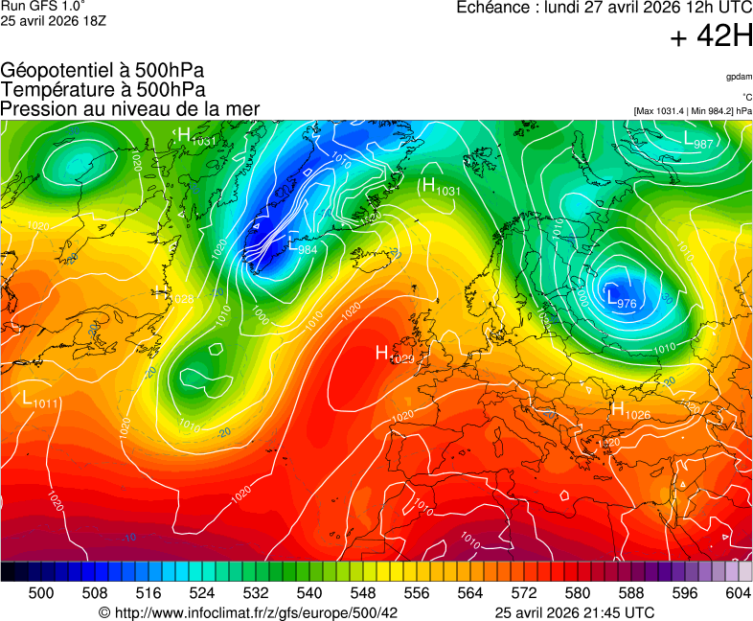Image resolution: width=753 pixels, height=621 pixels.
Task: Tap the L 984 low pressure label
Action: pyautogui.click(x=303, y=244)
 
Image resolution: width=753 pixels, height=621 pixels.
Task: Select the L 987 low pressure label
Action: pyautogui.click(x=698, y=140)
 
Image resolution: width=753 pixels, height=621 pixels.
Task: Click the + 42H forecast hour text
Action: pyautogui.click(x=711, y=37)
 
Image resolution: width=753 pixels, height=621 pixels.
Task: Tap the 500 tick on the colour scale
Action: pyautogui.click(x=41, y=594)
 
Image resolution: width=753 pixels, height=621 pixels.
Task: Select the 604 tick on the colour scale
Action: pyautogui.click(x=738, y=594)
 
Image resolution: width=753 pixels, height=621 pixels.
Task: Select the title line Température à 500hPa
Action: pyautogui.click(x=103, y=90)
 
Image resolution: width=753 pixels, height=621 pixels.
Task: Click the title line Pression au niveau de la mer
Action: pyautogui.click(x=130, y=109)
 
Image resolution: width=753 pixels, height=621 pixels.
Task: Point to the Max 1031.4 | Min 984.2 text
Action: pyautogui.click(x=692, y=111)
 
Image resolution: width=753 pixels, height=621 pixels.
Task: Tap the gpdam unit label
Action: pyautogui.click(x=738, y=77)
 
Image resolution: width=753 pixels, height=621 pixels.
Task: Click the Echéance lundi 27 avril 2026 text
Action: pyautogui.click(x=604, y=9)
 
